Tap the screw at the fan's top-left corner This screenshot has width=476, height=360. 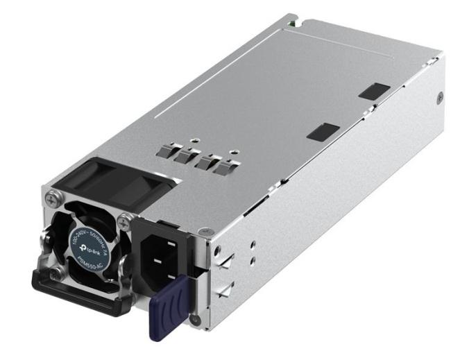pyautogui.click(x=51, y=200)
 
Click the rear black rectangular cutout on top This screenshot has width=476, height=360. pyautogui.click(x=376, y=90)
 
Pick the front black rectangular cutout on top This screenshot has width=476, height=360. pyautogui.click(x=322, y=132)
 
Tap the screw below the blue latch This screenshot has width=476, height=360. pyautogui.click(x=196, y=320)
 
